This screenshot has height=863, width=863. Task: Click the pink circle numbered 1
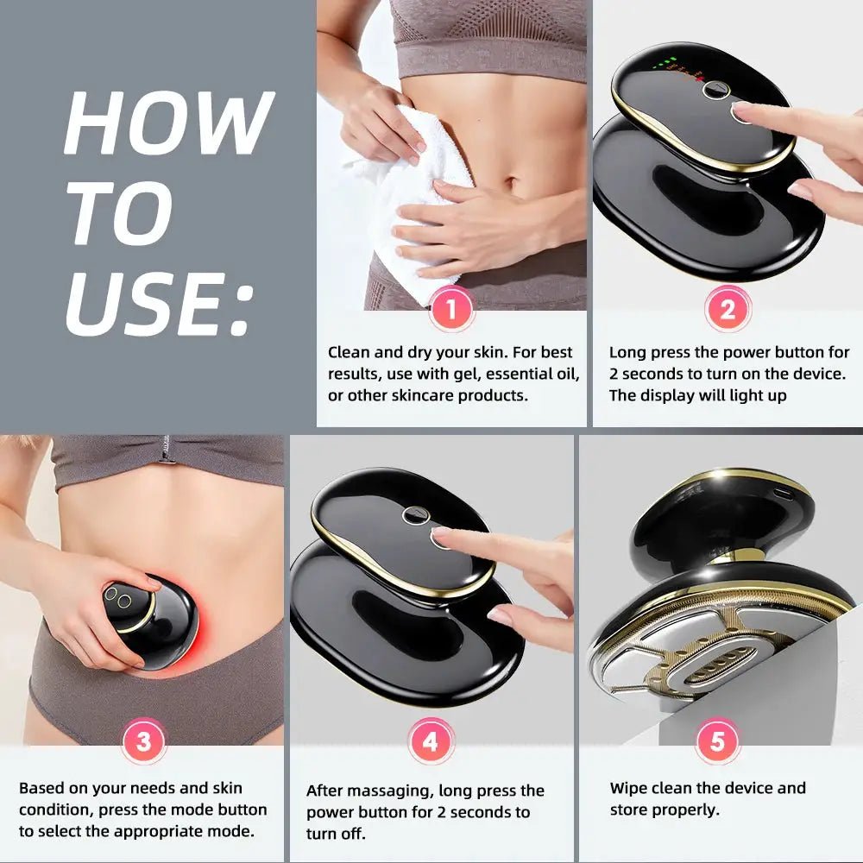[x=451, y=309]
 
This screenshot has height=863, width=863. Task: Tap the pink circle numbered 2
[x=728, y=309]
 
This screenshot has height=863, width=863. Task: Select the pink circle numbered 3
[x=143, y=740]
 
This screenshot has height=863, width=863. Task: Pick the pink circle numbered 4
[x=431, y=740]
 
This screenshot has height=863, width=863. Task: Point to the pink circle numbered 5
[x=717, y=740]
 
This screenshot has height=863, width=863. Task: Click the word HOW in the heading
[x=169, y=123]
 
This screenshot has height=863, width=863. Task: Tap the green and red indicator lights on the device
[x=677, y=68]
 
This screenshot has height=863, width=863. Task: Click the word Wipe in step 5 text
[x=627, y=789]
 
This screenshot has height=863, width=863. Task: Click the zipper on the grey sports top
[x=165, y=449]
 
